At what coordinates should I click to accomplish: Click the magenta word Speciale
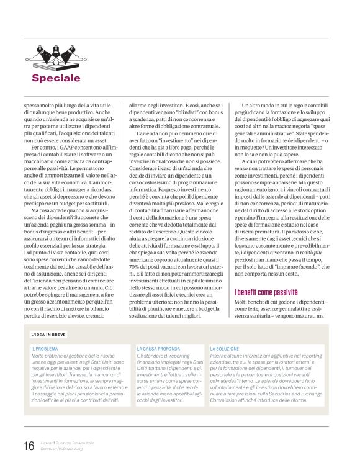(x=65, y=78)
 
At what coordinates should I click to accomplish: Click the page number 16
(x=29, y=446)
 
